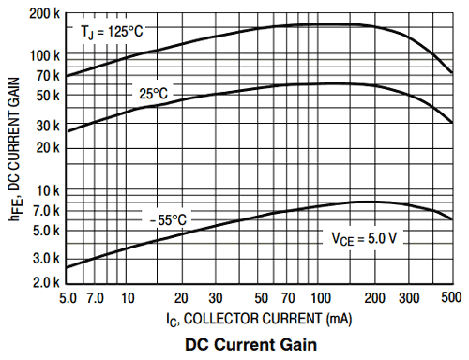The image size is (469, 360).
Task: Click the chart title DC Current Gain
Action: (x=252, y=344)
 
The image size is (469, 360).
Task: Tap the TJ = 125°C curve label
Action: (x=112, y=31)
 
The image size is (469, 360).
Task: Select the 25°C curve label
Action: (x=153, y=94)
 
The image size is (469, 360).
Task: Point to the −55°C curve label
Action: (x=167, y=219)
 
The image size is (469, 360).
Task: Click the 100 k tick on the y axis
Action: (x=43, y=55)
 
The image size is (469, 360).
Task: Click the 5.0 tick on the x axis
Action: (x=68, y=297)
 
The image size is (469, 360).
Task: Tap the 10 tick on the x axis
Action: (x=127, y=297)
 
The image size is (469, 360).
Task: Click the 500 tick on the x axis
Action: (x=451, y=297)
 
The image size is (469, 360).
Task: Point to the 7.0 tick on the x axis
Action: (x=96, y=297)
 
